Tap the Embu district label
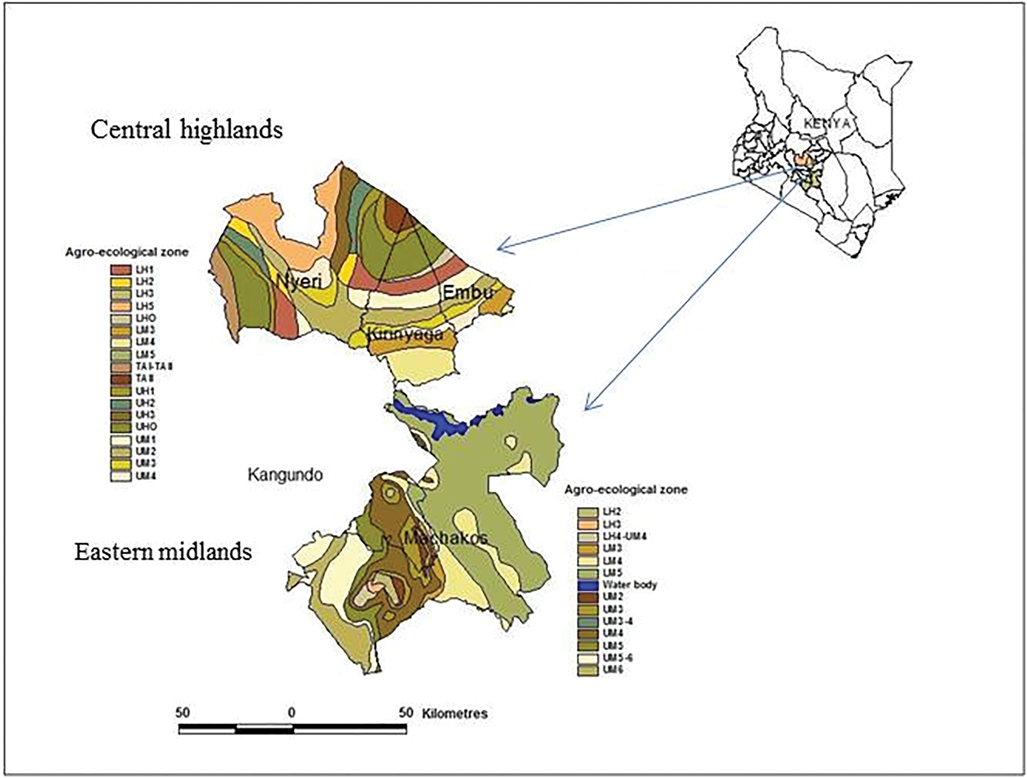tap(467, 292)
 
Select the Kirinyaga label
tap(405, 334)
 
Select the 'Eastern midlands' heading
tap(163, 552)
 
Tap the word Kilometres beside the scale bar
tap(455, 713)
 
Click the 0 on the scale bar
tap(291, 712)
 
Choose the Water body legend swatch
tap(588, 584)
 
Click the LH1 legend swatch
tap(120, 270)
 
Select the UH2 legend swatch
tap(120, 403)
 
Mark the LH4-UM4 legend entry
tap(624, 536)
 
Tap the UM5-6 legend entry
tap(618, 657)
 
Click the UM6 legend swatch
tap(588, 669)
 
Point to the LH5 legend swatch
tap(120, 306)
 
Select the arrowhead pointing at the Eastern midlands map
tap(587, 407)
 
